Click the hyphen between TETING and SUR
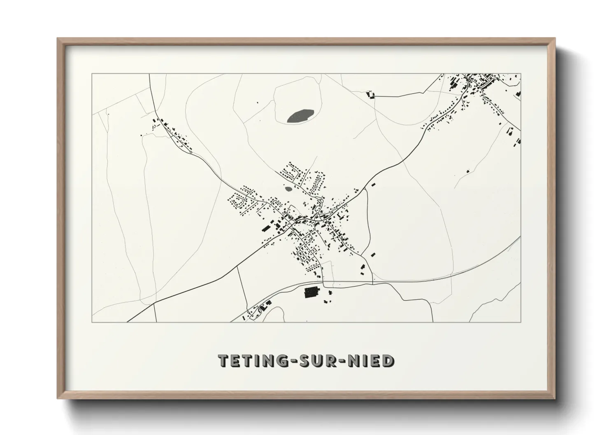[289, 361]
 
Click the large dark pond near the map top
[300, 116]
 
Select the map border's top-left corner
[92, 74]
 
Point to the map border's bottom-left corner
[92, 322]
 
